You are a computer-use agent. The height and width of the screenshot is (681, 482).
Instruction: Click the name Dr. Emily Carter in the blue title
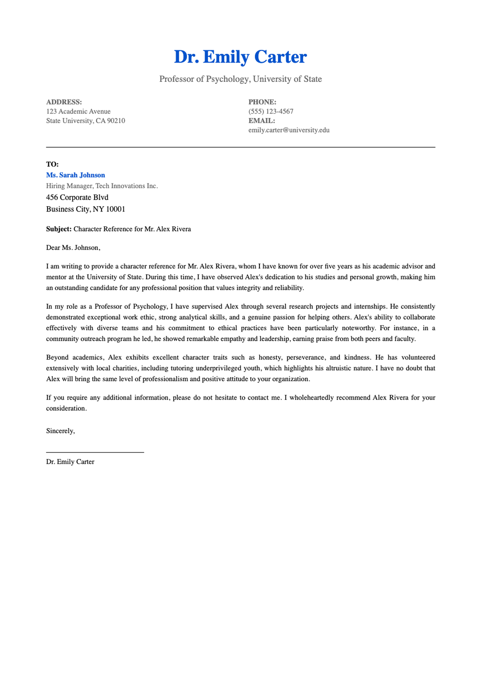click(240, 57)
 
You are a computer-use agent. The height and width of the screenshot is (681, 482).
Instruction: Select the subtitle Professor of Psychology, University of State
click(240, 79)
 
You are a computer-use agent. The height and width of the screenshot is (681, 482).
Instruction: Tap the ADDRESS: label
click(64, 102)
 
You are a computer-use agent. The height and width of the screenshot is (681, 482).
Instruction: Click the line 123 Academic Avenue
click(78, 112)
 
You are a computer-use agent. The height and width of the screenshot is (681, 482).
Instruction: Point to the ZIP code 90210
click(116, 121)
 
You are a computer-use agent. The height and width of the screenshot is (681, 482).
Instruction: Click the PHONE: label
click(262, 102)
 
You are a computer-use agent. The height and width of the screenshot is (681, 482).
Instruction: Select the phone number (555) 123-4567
click(271, 112)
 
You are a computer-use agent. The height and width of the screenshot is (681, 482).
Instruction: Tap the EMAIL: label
click(261, 121)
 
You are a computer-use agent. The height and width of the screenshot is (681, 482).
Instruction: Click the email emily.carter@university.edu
click(289, 130)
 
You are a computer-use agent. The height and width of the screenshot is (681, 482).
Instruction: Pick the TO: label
click(52, 164)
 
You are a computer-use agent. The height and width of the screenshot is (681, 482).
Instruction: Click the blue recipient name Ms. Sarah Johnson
click(76, 175)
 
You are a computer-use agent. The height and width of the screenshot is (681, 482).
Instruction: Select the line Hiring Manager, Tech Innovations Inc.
click(102, 186)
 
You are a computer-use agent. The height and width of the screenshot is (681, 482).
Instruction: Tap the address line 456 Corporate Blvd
click(77, 197)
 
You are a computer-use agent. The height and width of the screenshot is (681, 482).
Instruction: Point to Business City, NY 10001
click(86, 209)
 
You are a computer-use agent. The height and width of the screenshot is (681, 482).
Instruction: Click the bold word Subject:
click(59, 229)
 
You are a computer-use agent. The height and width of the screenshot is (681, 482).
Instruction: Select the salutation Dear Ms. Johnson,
click(73, 248)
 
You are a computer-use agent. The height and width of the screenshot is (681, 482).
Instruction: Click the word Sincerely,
click(60, 431)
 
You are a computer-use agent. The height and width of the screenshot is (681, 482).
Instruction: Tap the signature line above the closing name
click(95, 452)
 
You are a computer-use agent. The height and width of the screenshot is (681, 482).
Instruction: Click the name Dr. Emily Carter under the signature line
click(70, 462)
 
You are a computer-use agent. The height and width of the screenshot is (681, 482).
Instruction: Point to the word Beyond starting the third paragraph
click(57, 358)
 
